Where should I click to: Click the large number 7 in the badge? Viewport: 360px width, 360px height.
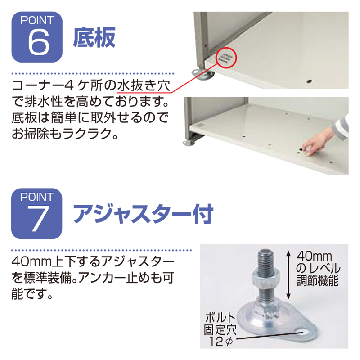pyautogui.click(x=38, y=218)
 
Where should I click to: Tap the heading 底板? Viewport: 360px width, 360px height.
pyautogui.click(x=94, y=37)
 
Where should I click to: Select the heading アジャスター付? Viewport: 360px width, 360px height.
pyautogui.click(x=143, y=214)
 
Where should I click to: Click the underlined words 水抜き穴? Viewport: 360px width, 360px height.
pyautogui.click(x=144, y=86)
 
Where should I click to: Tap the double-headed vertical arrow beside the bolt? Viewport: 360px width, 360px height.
pyautogui.click(x=289, y=275)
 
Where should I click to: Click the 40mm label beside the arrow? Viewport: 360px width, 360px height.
pyautogui.click(x=315, y=256)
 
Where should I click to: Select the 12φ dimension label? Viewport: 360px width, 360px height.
pyautogui.click(x=221, y=342)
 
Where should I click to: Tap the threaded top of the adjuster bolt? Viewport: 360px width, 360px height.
pyautogui.click(x=266, y=260)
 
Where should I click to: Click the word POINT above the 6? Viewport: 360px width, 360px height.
pyautogui.click(x=37, y=20)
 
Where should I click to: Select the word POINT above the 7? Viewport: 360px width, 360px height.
pyautogui.click(x=37, y=197)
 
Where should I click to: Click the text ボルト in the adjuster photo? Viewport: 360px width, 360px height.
pyautogui.click(x=220, y=318)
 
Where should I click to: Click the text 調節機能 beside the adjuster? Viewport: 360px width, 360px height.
pyautogui.click(x=318, y=280)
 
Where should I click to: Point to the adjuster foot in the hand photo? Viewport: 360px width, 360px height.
pyautogui.click(x=189, y=142)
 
